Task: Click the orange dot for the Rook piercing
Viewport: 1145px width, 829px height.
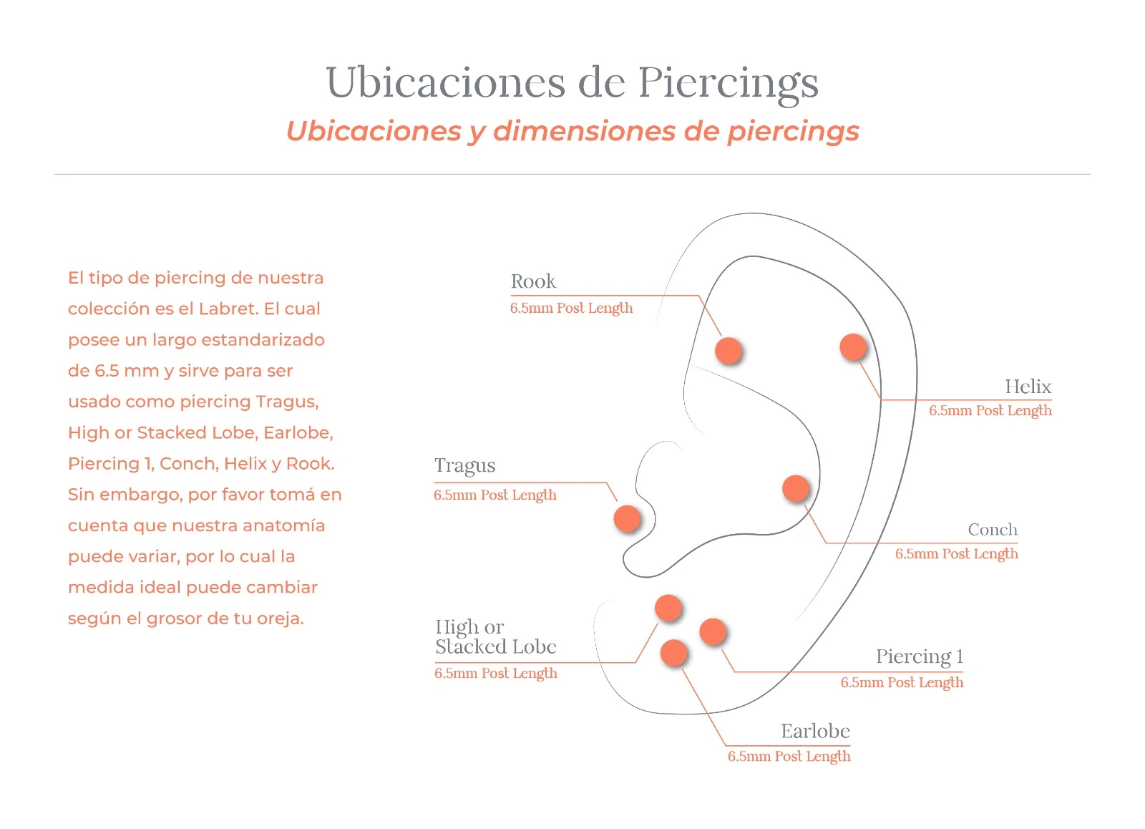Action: [729, 351]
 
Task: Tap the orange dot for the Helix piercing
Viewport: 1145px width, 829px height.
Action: [853, 347]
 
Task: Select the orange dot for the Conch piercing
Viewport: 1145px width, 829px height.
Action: [796, 488]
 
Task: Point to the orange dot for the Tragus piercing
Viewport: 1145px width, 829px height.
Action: [627, 518]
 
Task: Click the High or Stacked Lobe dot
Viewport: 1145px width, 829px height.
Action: [668, 608]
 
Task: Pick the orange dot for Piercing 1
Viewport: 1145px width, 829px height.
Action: [713, 631]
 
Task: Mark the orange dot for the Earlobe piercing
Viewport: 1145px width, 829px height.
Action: [674, 653]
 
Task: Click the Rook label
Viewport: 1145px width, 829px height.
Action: [533, 281]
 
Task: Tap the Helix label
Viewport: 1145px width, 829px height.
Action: [1028, 387]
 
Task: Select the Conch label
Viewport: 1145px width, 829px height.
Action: [993, 530]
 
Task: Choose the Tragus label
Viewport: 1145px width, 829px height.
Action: [464, 466]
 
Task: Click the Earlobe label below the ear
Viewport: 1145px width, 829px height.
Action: [815, 731]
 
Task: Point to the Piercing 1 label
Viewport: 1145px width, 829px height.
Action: [920, 656]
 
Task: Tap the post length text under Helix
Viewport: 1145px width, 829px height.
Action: [990, 411]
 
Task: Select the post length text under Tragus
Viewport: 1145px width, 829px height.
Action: [495, 495]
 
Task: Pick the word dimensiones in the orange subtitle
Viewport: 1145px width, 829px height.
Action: [584, 132]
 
